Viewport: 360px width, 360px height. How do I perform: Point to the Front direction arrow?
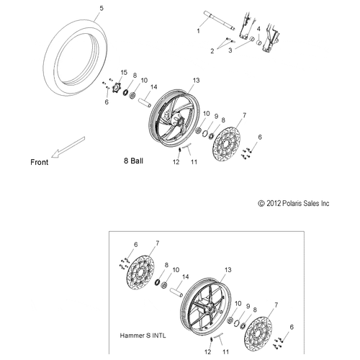coord(68,147)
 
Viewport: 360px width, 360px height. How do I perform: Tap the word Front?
coord(40,162)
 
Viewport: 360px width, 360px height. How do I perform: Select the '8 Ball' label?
coord(133,161)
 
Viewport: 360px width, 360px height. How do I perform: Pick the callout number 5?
coord(102,9)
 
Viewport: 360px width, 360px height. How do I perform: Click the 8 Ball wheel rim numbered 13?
coord(174,118)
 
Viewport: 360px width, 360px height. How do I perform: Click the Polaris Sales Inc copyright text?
coord(294,204)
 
